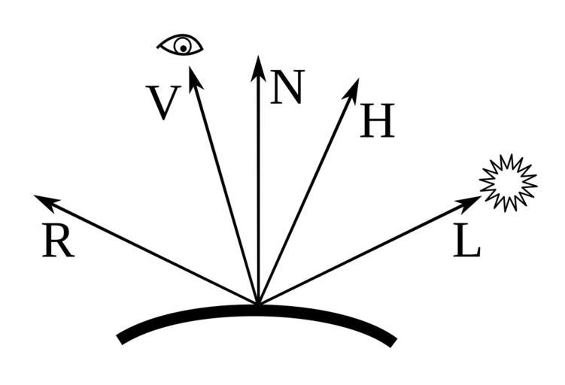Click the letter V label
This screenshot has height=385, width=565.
pyautogui.click(x=163, y=103)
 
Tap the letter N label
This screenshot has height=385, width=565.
pyautogui.click(x=287, y=86)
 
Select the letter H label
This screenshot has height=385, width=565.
pyautogui.click(x=377, y=120)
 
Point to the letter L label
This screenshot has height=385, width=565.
pyautogui.click(x=466, y=240)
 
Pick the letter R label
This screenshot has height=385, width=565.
pyautogui.click(x=59, y=240)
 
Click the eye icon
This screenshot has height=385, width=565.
pyautogui.click(x=180, y=45)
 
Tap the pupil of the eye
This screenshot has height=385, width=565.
pyautogui.click(x=184, y=48)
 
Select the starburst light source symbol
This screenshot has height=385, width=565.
pyautogui.click(x=509, y=183)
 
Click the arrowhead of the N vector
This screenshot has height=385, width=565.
pyautogui.click(x=258, y=68)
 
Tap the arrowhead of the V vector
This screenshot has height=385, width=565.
pyautogui.click(x=195, y=79)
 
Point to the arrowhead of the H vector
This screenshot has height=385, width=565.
pyautogui.click(x=351, y=92)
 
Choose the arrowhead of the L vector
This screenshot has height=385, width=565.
pyautogui.click(x=468, y=203)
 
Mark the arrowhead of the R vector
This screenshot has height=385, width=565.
pyautogui.click(x=47, y=202)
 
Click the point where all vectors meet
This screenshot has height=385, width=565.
pyautogui.click(x=258, y=303)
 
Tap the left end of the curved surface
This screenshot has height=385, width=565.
pyautogui.click(x=120, y=340)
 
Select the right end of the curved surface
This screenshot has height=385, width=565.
pyautogui.click(x=393, y=343)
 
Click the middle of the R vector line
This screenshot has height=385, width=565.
pyautogui.click(x=146, y=249)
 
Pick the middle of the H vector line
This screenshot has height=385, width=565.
pyautogui.click(x=308, y=191)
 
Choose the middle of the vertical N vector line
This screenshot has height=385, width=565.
pyautogui.click(x=258, y=180)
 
